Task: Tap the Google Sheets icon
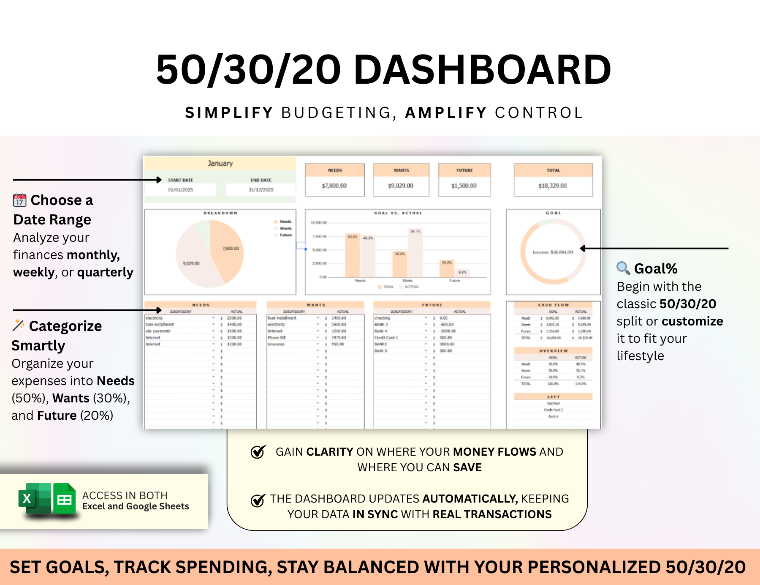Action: point(64,499)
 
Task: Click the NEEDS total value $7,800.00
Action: point(334,186)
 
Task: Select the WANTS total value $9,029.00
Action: point(400,186)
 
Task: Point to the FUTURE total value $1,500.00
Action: point(464,186)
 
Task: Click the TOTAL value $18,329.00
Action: point(552,186)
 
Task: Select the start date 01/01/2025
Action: point(180,190)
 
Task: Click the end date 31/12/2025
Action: point(261,190)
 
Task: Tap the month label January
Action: point(220,164)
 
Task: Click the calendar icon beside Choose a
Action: point(19,200)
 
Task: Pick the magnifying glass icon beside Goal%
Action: point(623,268)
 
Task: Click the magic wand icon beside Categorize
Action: point(18,325)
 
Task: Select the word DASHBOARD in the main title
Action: point(482,70)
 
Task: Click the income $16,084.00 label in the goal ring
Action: point(553,252)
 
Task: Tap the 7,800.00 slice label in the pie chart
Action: point(231,249)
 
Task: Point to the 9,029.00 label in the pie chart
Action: point(191,263)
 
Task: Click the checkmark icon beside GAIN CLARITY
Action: point(258,452)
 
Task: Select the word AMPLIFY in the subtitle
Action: point(446,113)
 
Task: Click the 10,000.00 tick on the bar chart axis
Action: point(318,223)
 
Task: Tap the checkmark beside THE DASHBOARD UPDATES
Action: point(258,500)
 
